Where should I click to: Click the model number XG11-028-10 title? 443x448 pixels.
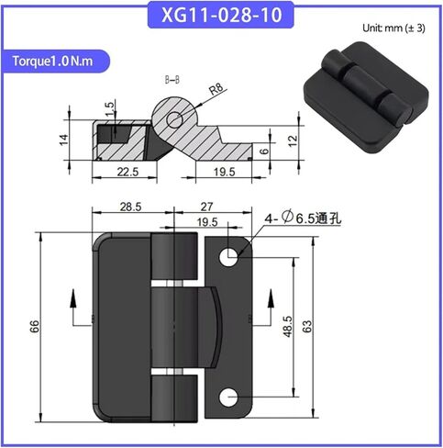(x=221, y=15)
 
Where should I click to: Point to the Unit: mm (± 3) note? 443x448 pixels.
(x=393, y=28)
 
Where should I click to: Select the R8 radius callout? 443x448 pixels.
(x=216, y=90)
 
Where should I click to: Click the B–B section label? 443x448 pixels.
(x=172, y=80)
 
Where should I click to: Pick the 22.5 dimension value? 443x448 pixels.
(x=127, y=172)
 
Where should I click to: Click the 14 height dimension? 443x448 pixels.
(x=64, y=140)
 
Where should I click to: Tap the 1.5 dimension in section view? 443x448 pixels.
(x=109, y=109)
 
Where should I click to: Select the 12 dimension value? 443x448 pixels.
(x=293, y=140)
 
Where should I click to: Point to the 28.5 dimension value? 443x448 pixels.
(x=130, y=207)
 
